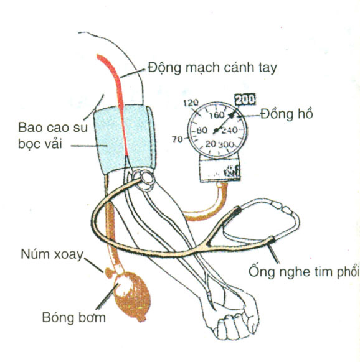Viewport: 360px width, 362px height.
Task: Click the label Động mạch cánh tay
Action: (x=212, y=68)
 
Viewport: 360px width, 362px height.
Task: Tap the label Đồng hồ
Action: (x=287, y=114)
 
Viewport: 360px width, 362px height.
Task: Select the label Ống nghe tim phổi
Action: (x=304, y=271)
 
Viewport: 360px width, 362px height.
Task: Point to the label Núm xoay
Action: (x=52, y=254)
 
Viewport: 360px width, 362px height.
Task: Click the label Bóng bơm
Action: (x=73, y=317)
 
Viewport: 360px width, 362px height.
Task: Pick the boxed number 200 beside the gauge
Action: (x=245, y=100)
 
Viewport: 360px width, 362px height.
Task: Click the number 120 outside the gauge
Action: (x=191, y=103)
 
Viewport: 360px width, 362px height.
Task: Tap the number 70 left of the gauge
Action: (x=178, y=139)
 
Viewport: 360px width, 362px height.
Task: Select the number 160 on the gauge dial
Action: (x=217, y=115)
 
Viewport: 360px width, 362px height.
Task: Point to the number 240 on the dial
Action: (x=229, y=131)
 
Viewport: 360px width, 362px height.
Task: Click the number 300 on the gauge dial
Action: (x=226, y=145)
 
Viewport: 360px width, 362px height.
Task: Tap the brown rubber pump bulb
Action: (x=132, y=296)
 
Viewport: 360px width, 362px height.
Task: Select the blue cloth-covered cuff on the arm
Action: (x=125, y=139)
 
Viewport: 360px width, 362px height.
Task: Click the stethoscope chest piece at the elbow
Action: (x=144, y=180)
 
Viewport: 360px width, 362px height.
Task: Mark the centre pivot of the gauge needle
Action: (x=216, y=131)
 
